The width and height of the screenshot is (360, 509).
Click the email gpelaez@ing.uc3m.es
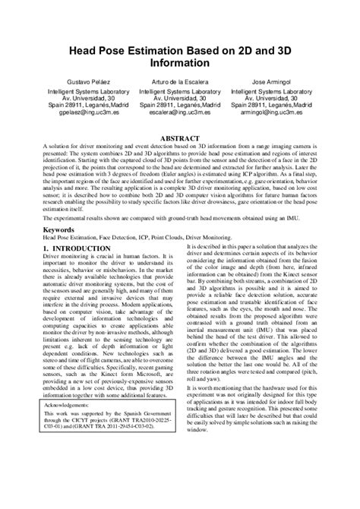(91, 111)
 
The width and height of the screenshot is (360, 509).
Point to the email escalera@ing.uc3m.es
(180, 111)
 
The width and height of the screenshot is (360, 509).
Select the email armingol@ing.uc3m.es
(270, 111)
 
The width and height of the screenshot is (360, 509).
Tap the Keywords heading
(58, 228)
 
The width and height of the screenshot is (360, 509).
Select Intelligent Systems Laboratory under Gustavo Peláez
(91, 90)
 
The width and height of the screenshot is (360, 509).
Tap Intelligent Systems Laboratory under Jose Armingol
(270, 90)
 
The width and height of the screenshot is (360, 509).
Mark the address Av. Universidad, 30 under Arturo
(180, 97)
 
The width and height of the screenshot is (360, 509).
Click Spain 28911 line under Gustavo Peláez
(91, 104)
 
